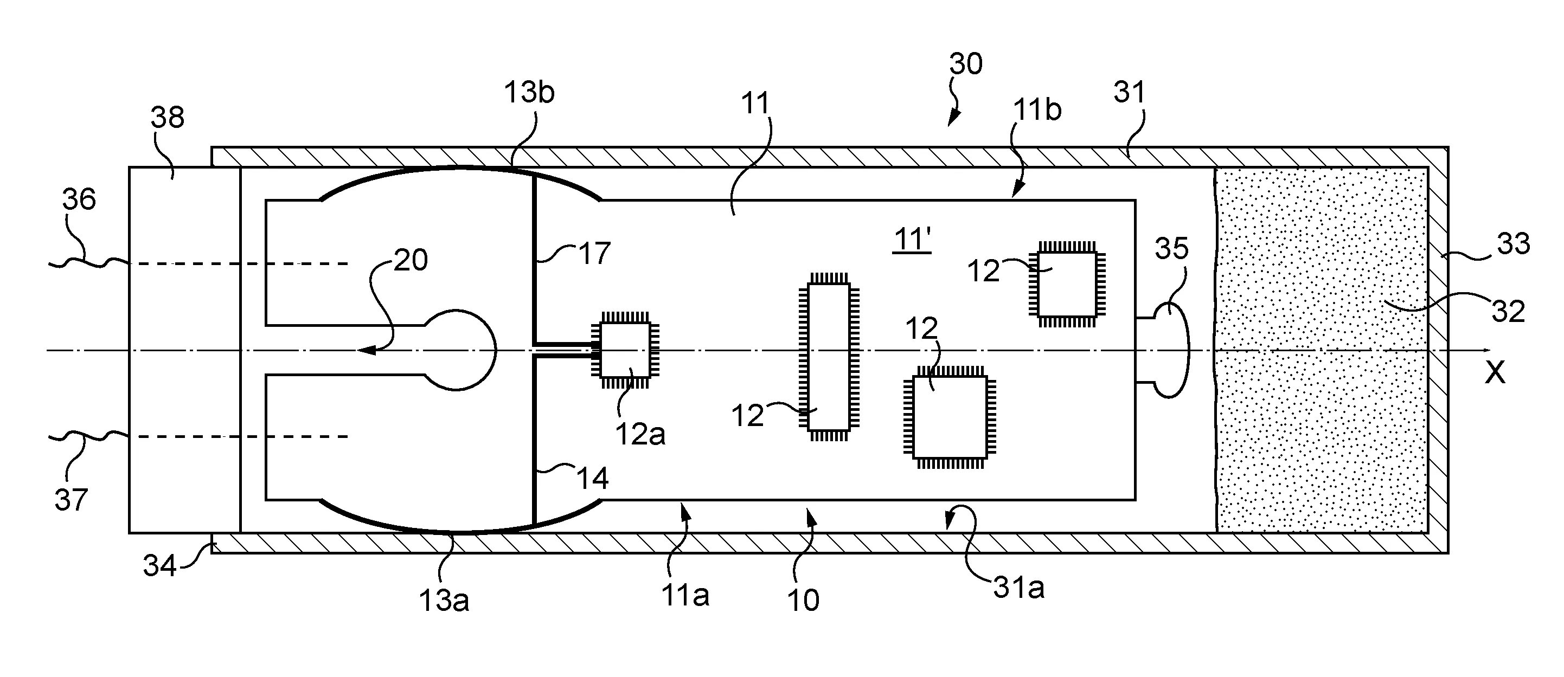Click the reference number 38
[168, 117]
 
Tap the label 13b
[529, 92]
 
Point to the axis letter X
[1495, 372]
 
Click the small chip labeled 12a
[625, 350]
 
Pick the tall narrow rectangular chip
[829, 357]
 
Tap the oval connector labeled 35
[1171, 351]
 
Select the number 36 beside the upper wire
[79, 199]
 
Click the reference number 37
[71, 500]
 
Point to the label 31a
[1019, 588]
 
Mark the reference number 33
[1514, 244]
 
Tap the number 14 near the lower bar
[592, 479]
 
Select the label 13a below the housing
[444, 600]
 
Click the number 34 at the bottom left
[159, 565]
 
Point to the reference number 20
[411, 260]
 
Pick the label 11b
[1037, 110]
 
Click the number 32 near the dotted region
[1509, 311]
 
